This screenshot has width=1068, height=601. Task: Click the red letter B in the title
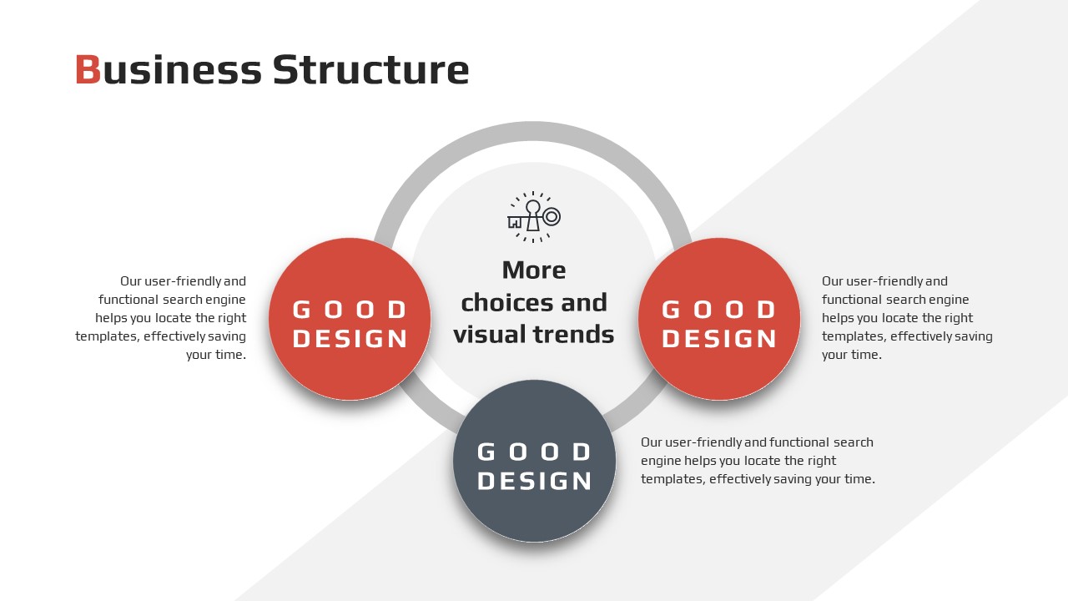pos(88,69)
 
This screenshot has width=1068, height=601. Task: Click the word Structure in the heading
pos(371,69)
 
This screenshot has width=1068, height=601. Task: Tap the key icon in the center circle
pos(533,218)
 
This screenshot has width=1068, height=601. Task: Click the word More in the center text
pos(534,270)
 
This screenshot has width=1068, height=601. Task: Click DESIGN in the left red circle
pos(350,339)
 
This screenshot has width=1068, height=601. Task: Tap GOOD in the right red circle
pos(719,310)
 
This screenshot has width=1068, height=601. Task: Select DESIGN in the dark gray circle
pos(535,481)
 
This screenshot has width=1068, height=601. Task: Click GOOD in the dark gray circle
pos(535,452)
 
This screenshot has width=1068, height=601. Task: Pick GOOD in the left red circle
pos(350,310)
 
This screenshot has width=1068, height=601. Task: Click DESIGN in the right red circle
pos(719,339)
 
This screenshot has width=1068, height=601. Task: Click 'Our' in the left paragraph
pos(131,281)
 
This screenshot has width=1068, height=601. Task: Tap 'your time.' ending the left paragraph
pos(216,355)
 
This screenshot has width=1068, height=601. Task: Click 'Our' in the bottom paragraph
pos(652,442)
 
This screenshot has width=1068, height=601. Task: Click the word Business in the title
pos(169,69)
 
